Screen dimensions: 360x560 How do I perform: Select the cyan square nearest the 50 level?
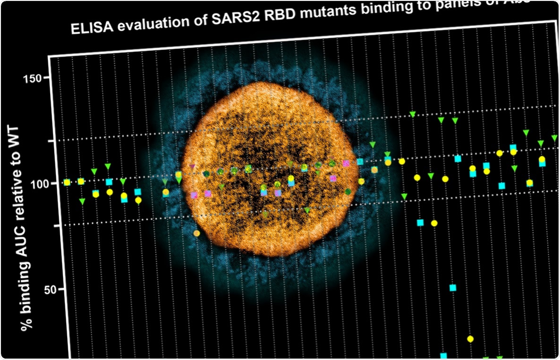click(453, 288)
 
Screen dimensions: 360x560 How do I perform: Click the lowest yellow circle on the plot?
click(470, 339)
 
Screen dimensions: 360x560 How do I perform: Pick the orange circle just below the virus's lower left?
click(196, 233)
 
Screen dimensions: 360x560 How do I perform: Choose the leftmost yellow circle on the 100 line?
click(67, 182)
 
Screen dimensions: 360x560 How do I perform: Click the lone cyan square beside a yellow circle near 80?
click(420, 223)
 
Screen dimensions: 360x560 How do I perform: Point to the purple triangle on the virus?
click(192, 167)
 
